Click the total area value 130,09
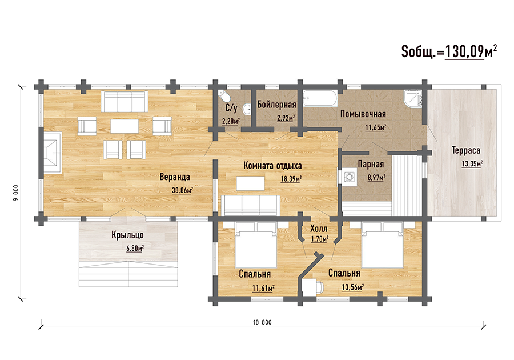click(464, 52)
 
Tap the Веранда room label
click(175, 177)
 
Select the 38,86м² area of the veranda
click(182, 190)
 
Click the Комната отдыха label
click(272, 166)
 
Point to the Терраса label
click(466, 150)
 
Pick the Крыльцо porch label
click(127, 235)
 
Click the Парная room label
click(371, 164)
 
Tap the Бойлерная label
click(276, 105)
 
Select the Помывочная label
click(363, 114)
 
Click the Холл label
click(319, 228)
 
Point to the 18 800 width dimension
click(262, 322)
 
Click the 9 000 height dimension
click(16, 193)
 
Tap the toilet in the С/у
click(224, 96)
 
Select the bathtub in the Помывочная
click(320, 98)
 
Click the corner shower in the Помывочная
click(413, 98)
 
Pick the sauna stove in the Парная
click(350, 177)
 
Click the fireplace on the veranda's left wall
click(53, 153)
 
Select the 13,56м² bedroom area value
click(352, 287)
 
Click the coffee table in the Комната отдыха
click(251, 183)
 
